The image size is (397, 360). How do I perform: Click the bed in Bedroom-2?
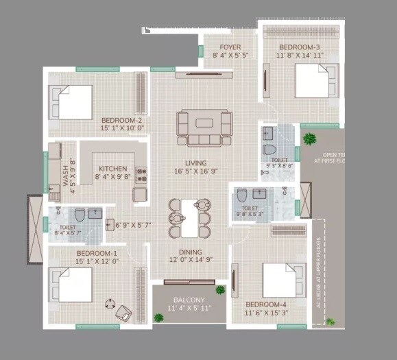point(70,101)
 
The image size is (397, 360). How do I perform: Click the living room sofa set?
point(204,128)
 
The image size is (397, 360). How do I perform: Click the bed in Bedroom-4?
point(282,280)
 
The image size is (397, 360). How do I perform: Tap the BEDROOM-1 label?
point(98,253)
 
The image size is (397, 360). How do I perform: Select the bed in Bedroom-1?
point(70,285)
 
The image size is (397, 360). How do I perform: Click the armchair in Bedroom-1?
point(124,311)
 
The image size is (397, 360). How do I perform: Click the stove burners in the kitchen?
point(142,175)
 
